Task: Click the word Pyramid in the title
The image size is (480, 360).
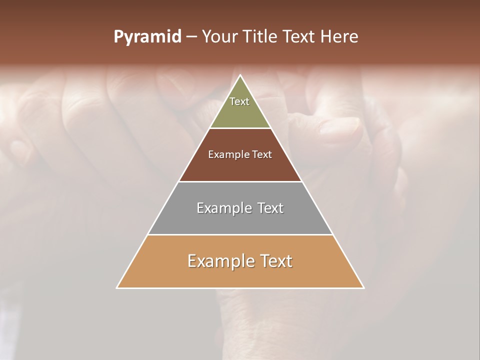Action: [x=147, y=37]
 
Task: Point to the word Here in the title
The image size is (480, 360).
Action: [x=339, y=37]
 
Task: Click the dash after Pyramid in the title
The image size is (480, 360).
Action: [x=191, y=37]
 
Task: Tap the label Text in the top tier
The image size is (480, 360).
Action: [x=239, y=101]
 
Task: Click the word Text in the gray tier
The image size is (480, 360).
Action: [x=268, y=208]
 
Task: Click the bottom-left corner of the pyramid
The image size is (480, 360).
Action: [x=117, y=287]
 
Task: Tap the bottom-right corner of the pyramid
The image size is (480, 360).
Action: [x=363, y=287]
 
